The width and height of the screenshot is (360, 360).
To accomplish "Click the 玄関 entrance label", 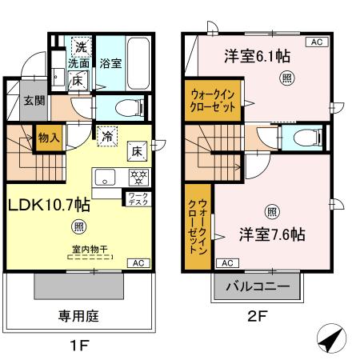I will coord(33,100).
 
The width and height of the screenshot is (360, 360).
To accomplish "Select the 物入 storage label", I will coord(49,138).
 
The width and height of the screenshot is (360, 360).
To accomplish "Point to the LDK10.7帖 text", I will coord(49,204).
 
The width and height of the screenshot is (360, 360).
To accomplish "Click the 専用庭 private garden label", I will coord(78,316).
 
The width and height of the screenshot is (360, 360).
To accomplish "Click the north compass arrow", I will coord(332,340).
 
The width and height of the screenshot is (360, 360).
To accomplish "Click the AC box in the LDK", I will coord(137,262).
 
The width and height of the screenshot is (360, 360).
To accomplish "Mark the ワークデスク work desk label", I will coord(134,197).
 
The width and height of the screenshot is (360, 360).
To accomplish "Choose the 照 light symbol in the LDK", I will coord(78,227).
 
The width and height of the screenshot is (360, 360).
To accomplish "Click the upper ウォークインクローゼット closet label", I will coord(212,99).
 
